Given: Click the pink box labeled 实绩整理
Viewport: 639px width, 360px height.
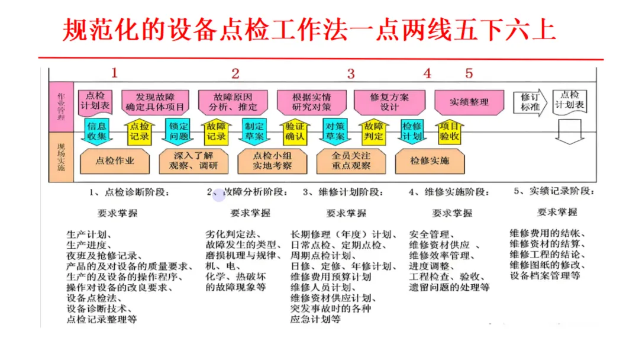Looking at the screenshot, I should coord(469,102).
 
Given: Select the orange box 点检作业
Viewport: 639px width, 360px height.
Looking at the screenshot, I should coord(115,160).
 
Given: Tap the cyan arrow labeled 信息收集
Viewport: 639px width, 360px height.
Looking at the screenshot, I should coord(97,131).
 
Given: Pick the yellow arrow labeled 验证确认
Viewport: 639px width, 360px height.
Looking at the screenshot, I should coord(294,131).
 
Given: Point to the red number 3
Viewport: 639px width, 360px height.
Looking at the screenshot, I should coord(351,73).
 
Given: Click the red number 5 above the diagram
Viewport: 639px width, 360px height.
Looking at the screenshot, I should coord(469,73).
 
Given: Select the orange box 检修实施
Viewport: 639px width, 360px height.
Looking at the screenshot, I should coord(430,160).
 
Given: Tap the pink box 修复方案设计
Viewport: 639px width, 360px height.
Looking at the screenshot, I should coord(389,102).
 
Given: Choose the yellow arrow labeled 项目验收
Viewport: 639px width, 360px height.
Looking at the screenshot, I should coord(450,131).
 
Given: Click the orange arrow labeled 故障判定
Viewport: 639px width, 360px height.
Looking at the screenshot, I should coord(373,131).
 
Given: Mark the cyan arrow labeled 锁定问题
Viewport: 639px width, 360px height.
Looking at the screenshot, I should coord(179,131).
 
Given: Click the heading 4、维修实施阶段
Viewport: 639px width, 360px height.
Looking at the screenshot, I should coord(449,192).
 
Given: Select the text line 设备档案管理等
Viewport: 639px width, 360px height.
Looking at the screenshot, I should coord(545,275).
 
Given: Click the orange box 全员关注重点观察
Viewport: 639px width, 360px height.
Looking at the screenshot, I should coord(351,160).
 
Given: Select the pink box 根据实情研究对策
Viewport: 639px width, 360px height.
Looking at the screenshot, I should coord(311,102).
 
